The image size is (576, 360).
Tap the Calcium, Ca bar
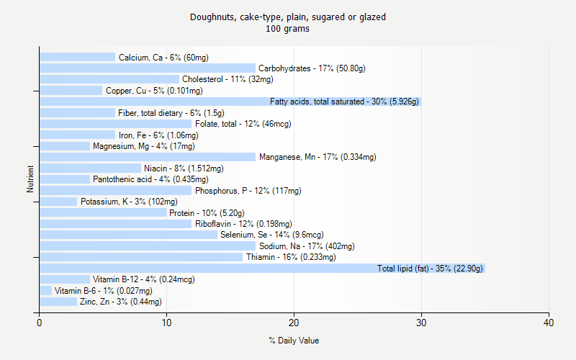[x=77, y=57]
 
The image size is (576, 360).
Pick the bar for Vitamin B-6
[x=45, y=291]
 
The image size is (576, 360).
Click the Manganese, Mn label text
[x=318, y=157]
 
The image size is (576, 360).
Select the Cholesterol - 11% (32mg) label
[x=228, y=79]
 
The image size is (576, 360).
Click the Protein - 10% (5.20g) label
[x=207, y=213]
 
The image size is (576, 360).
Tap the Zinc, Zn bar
[x=58, y=302]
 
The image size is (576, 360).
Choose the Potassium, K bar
[x=58, y=202]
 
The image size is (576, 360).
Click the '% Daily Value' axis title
[x=294, y=341]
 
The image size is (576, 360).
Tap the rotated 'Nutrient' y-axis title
[x=30, y=179]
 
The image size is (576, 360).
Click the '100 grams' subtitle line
[x=288, y=30]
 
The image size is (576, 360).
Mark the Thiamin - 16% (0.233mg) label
[x=291, y=257]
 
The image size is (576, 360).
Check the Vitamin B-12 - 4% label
[x=134, y=279]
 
